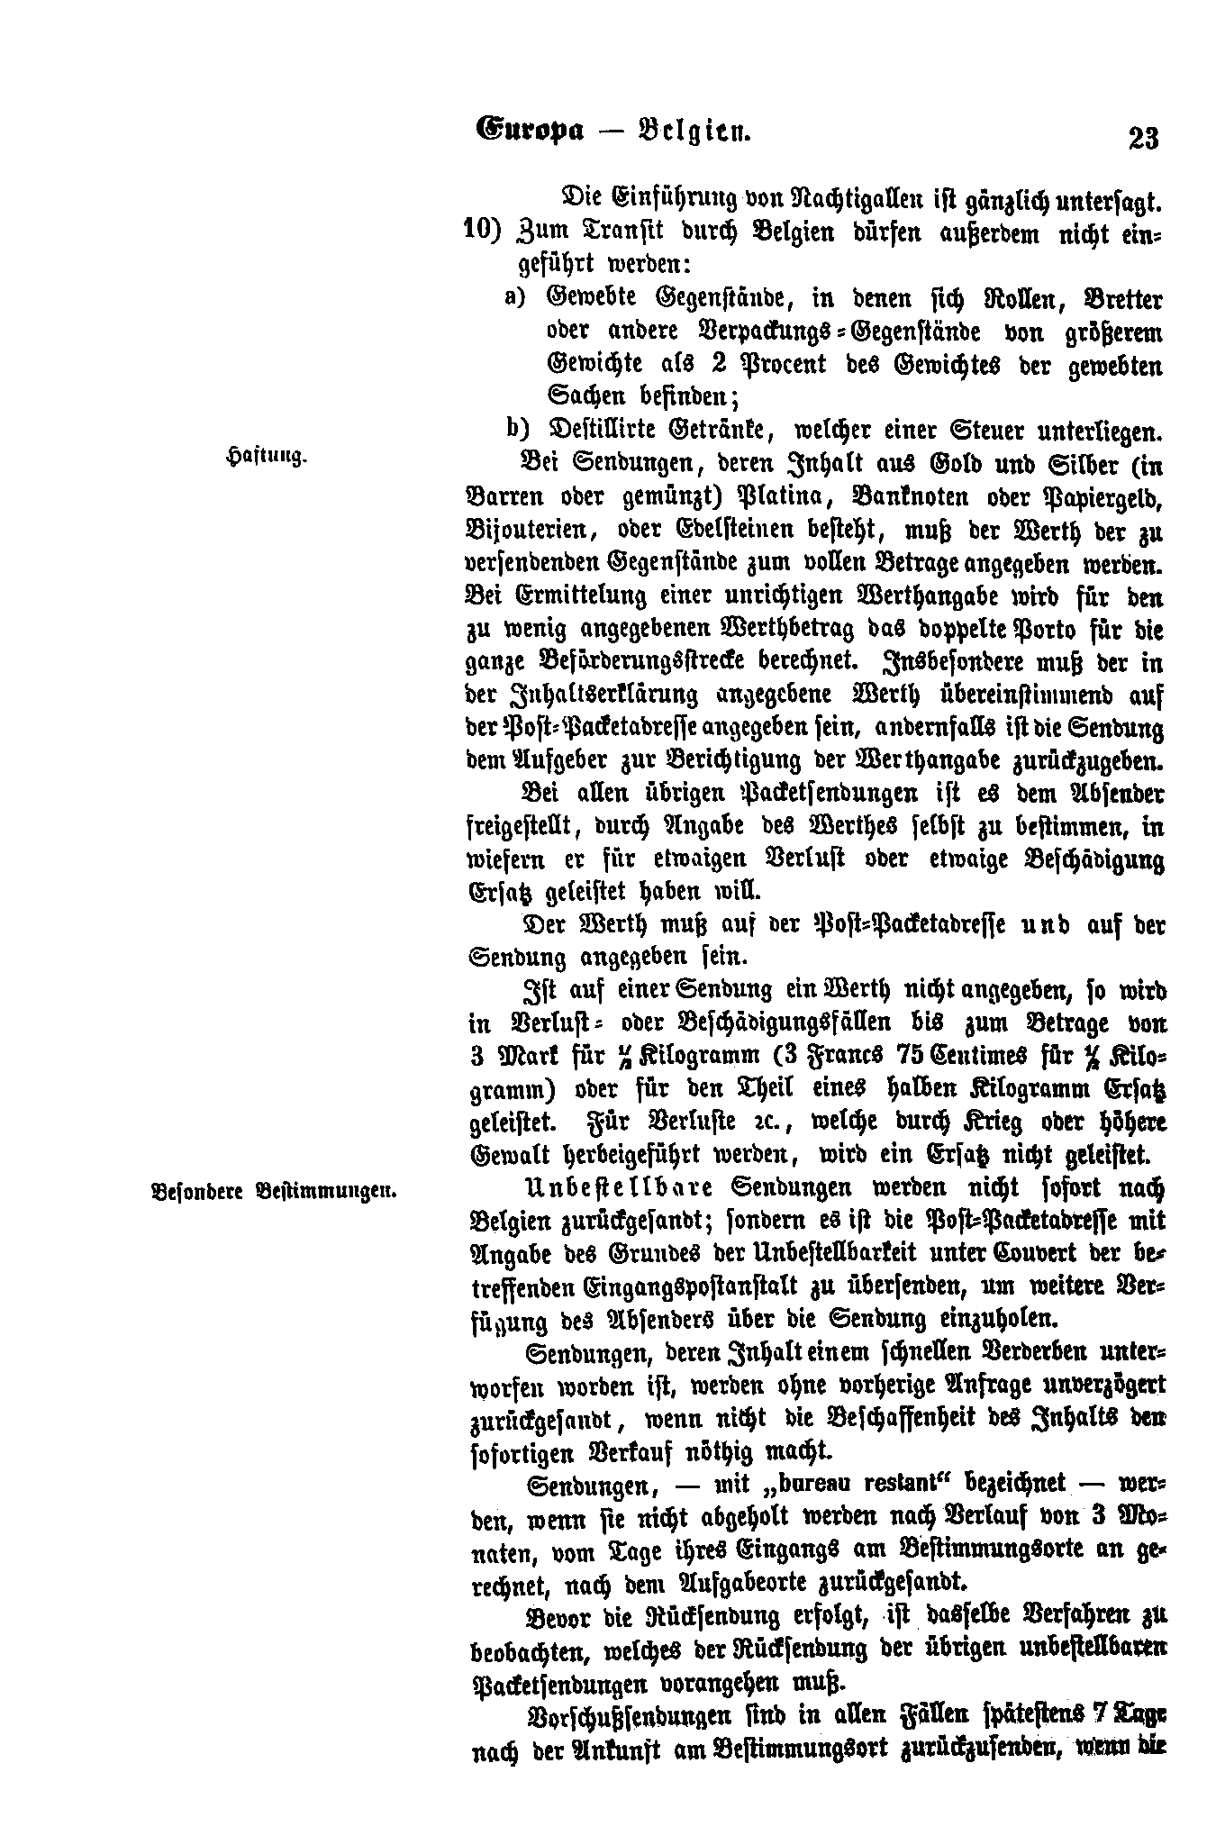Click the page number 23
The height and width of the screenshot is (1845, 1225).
coord(1141,138)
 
